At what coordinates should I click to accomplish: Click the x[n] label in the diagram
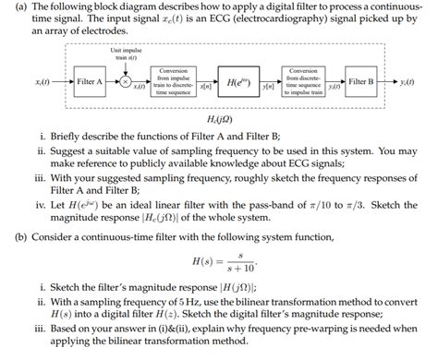point(204,88)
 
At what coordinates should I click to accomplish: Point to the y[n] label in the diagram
point(270,88)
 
